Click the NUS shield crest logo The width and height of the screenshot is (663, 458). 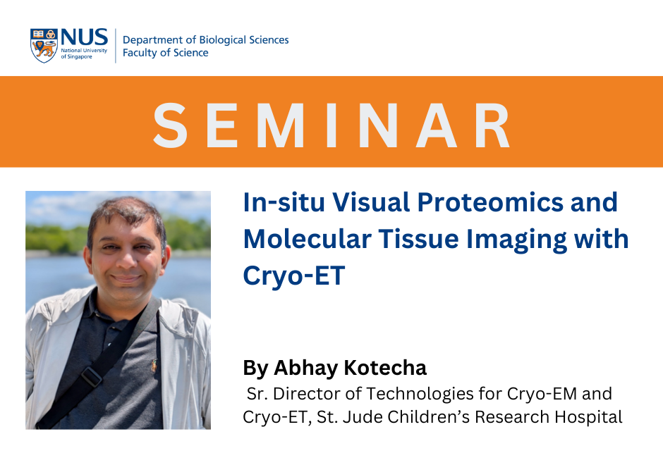pyautogui.click(x=44, y=46)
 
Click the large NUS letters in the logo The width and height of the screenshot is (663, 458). pyautogui.click(x=85, y=37)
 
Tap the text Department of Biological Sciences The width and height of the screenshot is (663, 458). pyautogui.click(x=205, y=39)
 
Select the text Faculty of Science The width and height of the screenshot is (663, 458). pyautogui.click(x=165, y=52)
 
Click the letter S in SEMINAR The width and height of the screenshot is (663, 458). pyautogui.click(x=171, y=125)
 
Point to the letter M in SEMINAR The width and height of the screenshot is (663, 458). pyautogui.click(x=280, y=125)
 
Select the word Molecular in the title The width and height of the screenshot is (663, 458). pyautogui.click(x=307, y=239)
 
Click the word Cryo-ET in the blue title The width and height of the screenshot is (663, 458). pyautogui.click(x=294, y=276)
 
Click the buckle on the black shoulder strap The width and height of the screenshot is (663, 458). pyautogui.click(x=90, y=376)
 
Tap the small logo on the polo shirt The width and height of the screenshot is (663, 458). pyautogui.click(x=154, y=366)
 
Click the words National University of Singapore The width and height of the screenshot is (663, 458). pyautogui.click(x=84, y=54)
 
